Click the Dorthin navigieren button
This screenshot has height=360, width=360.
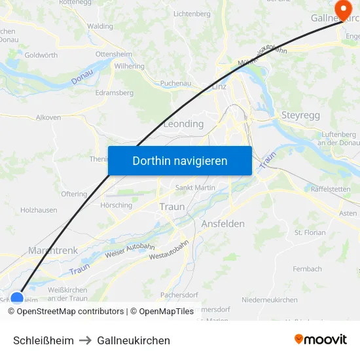pos(180,160)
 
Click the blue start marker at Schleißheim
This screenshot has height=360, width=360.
pos(17,298)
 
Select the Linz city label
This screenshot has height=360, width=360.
pos(219,87)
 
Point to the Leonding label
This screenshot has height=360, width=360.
pos(183,124)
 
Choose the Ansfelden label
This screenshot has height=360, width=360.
pos(223,224)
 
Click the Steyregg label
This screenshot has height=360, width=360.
pos(300,115)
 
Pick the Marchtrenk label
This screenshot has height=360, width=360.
pos(53,250)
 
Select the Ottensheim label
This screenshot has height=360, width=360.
pos(113,54)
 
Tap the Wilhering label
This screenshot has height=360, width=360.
pos(129,66)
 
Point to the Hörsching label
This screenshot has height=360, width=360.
pos(116,205)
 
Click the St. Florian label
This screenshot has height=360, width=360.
pos(310,232)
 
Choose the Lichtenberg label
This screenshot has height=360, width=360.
pos(192,14)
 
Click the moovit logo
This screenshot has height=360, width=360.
pos(321,339)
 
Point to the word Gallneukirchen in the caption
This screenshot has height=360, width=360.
pos(134,340)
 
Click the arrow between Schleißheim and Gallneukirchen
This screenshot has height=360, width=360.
pos(86,340)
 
